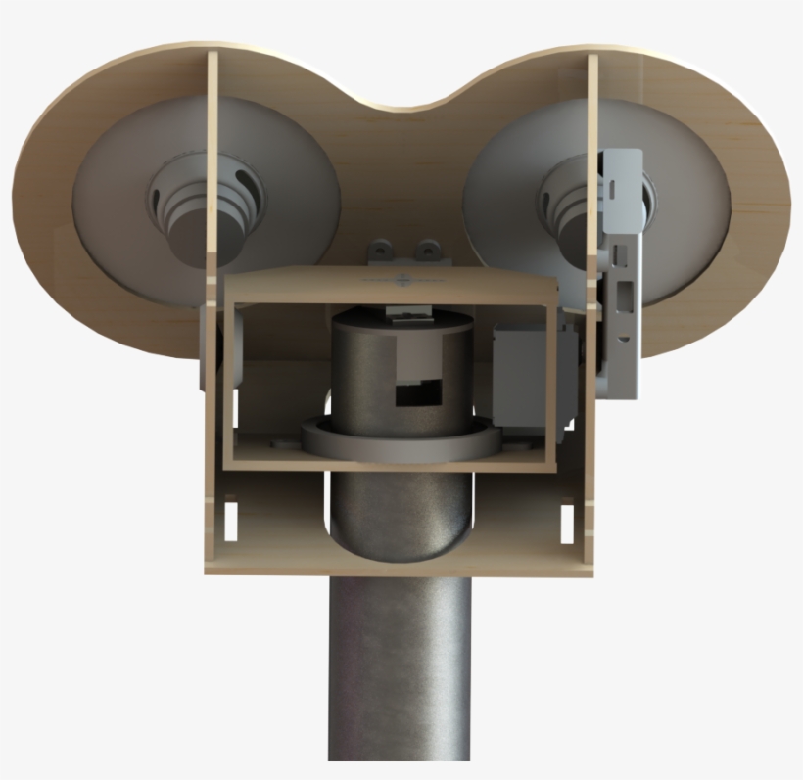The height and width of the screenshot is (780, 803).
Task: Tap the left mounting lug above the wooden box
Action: [x=383, y=252]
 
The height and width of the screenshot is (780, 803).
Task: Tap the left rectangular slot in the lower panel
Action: [x=231, y=519]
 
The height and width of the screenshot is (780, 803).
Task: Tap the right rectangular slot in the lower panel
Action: [x=564, y=519]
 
